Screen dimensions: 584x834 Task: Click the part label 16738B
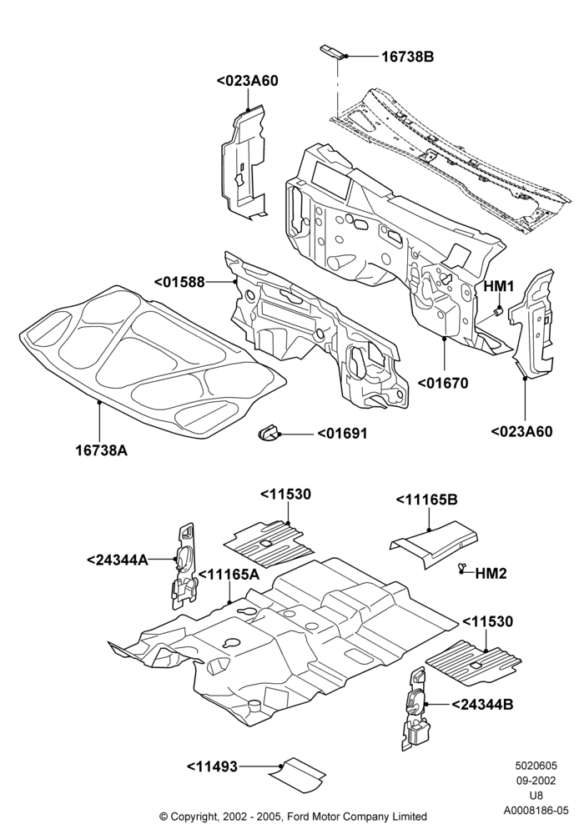tap(407, 57)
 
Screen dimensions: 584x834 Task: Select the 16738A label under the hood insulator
tap(101, 450)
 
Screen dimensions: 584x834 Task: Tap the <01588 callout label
tap(179, 282)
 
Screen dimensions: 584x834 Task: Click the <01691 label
tap(342, 434)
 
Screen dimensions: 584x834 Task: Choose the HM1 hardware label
tap(498, 287)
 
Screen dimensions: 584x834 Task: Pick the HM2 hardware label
tap(491, 574)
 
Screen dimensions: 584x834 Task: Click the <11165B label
tap(426, 500)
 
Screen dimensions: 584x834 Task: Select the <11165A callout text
tap(229, 575)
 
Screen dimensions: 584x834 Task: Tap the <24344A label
tap(118, 560)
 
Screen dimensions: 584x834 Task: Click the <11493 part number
tap(212, 766)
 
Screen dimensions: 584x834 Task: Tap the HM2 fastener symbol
tap(461, 570)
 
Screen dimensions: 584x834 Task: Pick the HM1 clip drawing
tap(498, 309)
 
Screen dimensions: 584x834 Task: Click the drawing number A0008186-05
tap(536, 810)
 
